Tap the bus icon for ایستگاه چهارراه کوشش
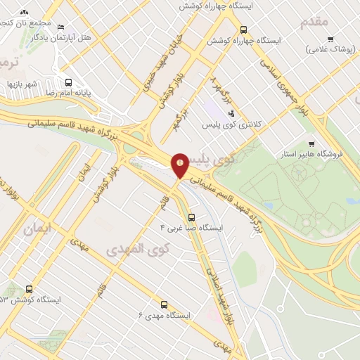click(x=243, y=30)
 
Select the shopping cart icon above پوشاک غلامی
click(x=330, y=39)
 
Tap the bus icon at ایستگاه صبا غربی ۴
click(x=191, y=217)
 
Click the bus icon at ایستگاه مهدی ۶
click(x=164, y=304)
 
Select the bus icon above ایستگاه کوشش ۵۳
click(x=29, y=288)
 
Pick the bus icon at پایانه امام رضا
click(x=68, y=81)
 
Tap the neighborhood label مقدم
click(x=314, y=22)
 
